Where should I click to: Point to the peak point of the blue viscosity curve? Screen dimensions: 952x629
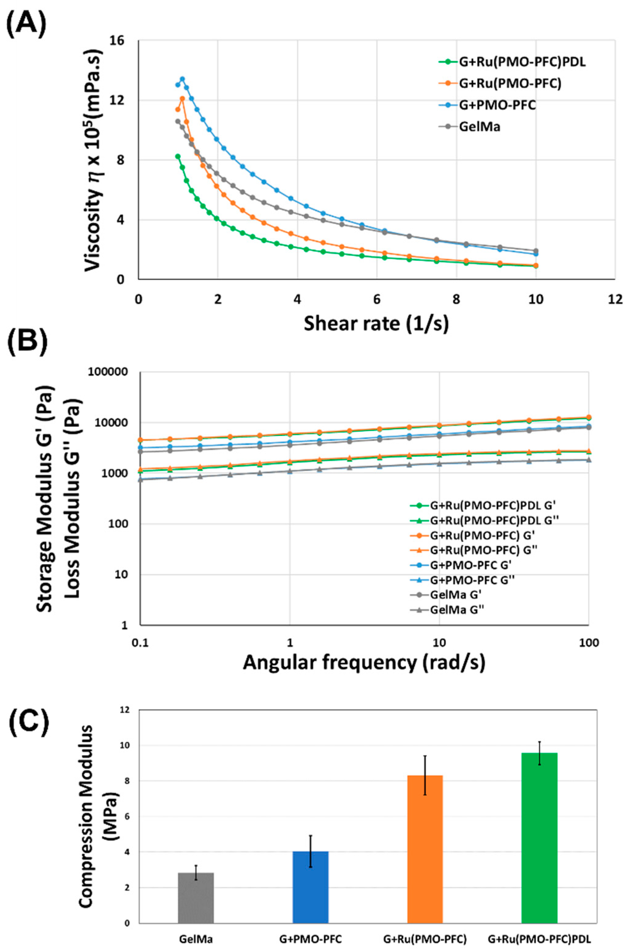tap(182, 79)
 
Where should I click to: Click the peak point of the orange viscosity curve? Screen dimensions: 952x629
tap(182, 98)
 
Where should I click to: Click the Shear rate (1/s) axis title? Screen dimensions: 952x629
tap(376, 323)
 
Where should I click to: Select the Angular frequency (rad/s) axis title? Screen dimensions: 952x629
tap(364, 663)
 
